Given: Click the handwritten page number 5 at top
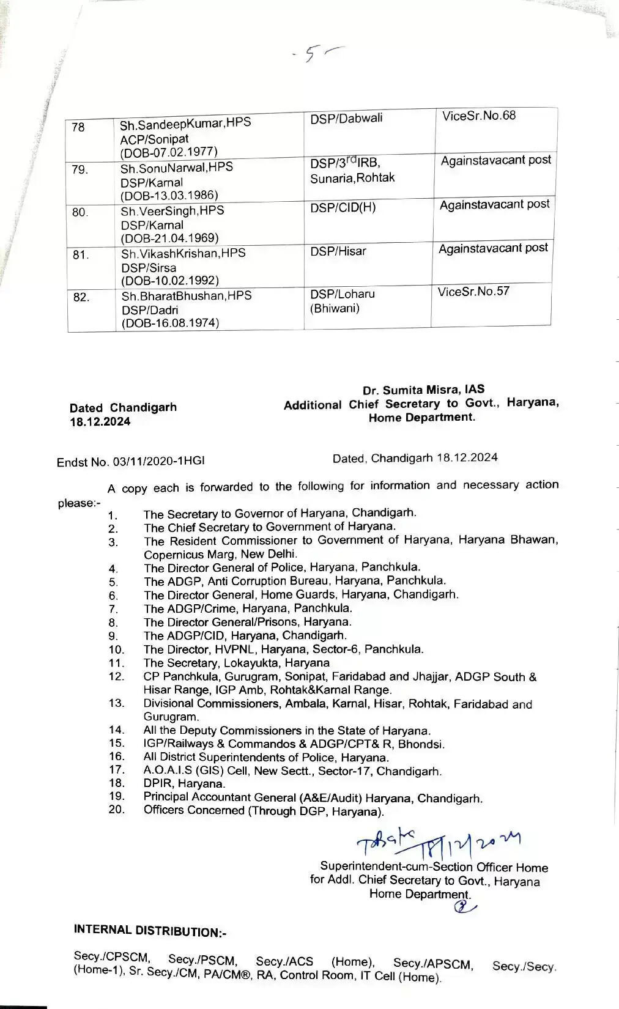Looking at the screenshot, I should click(310, 55).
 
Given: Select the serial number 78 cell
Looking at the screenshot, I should click(78, 127).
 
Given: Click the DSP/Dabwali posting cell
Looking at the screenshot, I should click(346, 119).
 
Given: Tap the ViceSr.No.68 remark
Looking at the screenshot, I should click(479, 116).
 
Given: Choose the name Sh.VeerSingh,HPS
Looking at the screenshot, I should click(172, 211).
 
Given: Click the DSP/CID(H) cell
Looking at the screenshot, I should click(343, 208).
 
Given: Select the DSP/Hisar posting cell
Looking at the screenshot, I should click(338, 251).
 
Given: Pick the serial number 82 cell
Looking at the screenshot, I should click(81, 298).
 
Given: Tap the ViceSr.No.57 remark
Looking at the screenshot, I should click(473, 291).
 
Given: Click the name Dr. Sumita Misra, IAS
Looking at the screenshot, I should click(423, 390).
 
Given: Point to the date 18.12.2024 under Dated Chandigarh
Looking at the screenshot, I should click(100, 422).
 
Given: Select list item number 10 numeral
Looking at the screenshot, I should click(116, 649).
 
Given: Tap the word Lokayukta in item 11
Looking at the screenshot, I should click(250, 663).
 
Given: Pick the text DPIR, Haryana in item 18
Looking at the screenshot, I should click(184, 783).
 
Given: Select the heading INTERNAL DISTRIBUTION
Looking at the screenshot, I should click(150, 931).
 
